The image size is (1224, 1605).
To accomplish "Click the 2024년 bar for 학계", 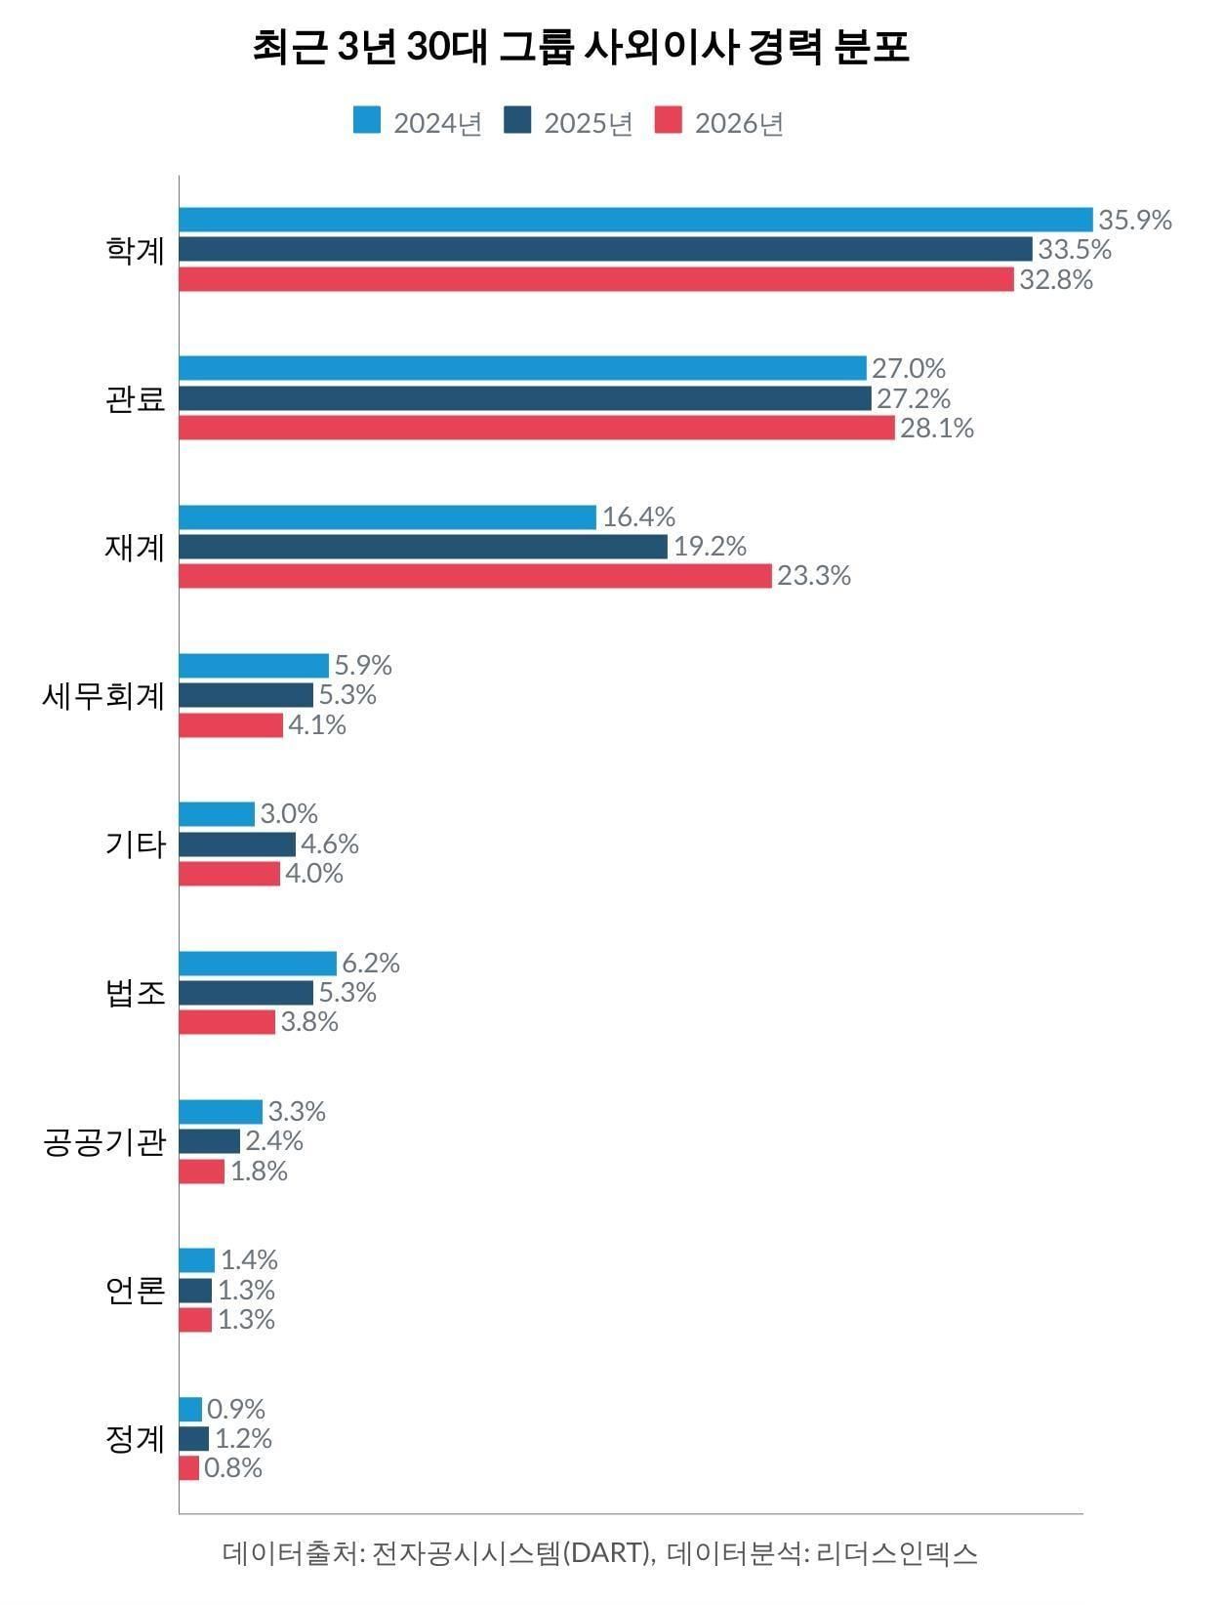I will click(634, 220).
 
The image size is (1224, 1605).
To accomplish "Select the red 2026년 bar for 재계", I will click(474, 576).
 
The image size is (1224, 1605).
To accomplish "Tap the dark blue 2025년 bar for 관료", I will click(524, 398).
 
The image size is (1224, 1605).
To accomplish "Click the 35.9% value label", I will click(1134, 220).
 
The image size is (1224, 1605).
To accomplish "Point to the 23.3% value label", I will click(814, 576).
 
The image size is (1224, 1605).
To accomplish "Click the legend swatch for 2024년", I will click(367, 122).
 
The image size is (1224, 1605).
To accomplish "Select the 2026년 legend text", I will click(739, 124).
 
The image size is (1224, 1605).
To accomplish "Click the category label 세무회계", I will click(103, 696).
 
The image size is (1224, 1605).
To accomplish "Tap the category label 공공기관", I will click(103, 1141).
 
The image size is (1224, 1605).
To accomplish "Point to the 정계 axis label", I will click(135, 1439).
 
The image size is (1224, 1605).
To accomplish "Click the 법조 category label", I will click(135, 993).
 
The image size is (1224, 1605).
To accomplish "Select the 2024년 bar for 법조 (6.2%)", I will click(258, 964).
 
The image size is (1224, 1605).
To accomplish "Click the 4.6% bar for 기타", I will click(237, 844).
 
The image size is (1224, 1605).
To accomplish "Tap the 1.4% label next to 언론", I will click(249, 1260).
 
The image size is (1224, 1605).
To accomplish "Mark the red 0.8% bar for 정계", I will click(189, 1468).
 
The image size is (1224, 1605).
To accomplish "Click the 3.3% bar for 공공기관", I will click(221, 1112).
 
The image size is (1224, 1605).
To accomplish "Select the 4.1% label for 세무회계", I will click(317, 725).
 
